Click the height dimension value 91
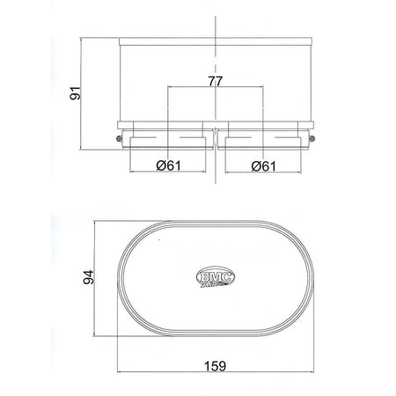76,92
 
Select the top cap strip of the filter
215,42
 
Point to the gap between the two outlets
216,141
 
